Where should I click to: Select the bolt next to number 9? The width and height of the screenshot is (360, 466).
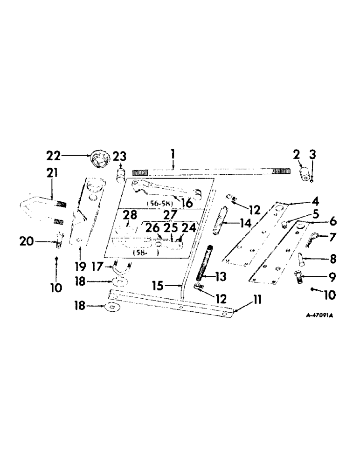coord(298,278)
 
